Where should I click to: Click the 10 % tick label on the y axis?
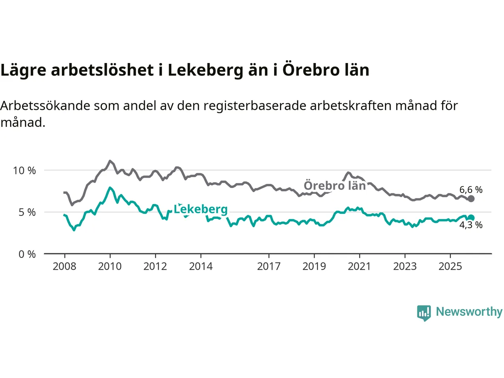click(24, 170)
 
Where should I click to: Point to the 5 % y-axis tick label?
click(27, 212)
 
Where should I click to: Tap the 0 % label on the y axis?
click(27, 254)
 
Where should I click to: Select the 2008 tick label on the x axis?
click(65, 267)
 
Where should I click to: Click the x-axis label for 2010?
click(110, 267)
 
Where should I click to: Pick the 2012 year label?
click(155, 267)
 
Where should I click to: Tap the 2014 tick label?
click(201, 267)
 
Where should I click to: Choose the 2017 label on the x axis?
click(269, 267)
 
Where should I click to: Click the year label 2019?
click(314, 267)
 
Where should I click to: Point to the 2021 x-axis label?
click(359, 267)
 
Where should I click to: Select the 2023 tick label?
click(405, 267)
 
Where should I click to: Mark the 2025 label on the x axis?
click(450, 267)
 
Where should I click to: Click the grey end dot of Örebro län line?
click(471, 199)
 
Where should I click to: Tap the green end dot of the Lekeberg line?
click(471, 218)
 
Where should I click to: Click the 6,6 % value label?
click(471, 190)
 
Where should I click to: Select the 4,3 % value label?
click(471, 225)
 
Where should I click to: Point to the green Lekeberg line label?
click(201, 209)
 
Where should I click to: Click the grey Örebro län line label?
click(335, 185)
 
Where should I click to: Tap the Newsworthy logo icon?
click(424, 313)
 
